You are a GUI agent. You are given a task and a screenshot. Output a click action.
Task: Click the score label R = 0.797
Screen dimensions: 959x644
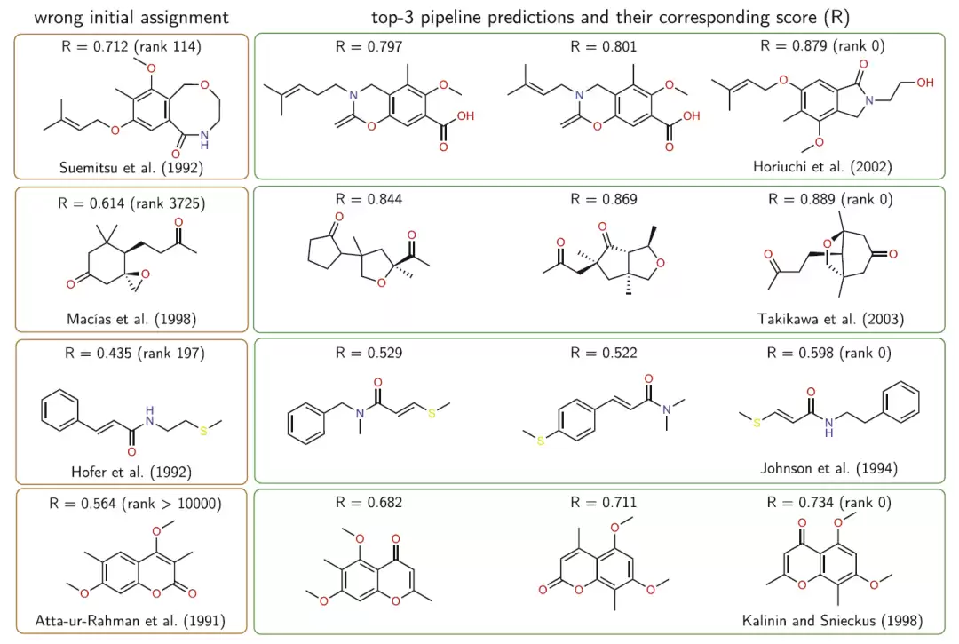(x=369, y=46)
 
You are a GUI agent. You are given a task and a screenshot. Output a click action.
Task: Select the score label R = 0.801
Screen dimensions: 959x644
(x=604, y=46)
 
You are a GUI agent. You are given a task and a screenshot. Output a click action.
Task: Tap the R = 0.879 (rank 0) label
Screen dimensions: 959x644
(x=822, y=46)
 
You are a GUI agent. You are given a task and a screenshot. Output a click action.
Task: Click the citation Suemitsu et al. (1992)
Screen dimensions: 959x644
(x=131, y=168)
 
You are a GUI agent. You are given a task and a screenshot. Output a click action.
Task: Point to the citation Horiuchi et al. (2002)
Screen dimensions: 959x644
(x=822, y=166)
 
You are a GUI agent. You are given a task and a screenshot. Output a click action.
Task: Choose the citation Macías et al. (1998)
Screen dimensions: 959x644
(x=131, y=319)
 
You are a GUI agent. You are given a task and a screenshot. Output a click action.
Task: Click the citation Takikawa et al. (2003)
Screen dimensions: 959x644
(x=830, y=319)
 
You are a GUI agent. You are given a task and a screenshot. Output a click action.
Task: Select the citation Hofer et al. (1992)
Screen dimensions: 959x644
(x=131, y=473)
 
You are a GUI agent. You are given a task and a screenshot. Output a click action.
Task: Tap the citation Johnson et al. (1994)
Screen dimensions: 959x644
(x=829, y=468)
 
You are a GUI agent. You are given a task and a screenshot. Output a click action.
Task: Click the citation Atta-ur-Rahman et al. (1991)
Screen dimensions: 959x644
(x=131, y=621)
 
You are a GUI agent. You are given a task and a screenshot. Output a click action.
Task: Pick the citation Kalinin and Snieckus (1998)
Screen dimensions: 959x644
(x=832, y=621)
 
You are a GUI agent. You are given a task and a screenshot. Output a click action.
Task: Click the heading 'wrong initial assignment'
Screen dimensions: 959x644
(x=131, y=17)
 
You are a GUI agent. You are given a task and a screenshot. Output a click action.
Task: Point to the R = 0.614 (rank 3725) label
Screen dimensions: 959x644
(x=131, y=203)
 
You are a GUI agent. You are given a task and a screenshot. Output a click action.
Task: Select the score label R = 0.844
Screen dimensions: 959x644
(x=369, y=199)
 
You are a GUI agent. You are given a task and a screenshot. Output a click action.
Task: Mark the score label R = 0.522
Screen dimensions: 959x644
(x=604, y=353)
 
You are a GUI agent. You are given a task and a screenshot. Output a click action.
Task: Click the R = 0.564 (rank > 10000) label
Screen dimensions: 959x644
(x=135, y=504)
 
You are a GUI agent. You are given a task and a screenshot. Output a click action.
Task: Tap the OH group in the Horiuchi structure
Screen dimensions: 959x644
(x=924, y=83)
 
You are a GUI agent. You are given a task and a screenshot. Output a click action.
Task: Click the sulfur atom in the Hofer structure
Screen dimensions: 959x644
(x=203, y=431)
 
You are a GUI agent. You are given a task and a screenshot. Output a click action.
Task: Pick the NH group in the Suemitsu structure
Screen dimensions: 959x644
(x=204, y=140)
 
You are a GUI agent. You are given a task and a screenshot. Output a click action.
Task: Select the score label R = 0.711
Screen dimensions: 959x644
(x=604, y=503)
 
